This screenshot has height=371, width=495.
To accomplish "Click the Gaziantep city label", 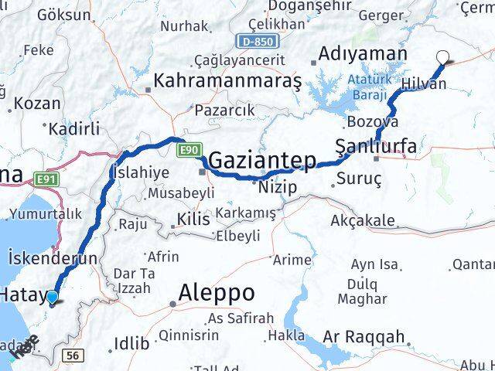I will click(x=263, y=162).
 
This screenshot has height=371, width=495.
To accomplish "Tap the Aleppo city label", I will click(x=217, y=293).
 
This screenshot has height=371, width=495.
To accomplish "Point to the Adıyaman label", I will click(x=363, y=54).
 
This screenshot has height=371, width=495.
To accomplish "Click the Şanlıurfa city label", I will click(x=377, y=146).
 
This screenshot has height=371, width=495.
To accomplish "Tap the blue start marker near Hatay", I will click(x=52, y=297).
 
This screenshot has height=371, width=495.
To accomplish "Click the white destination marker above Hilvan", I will click(x=443, y=56).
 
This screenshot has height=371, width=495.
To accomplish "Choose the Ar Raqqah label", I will click(x=364, y=337).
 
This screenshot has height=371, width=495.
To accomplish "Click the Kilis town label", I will click(x=193, y=220).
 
